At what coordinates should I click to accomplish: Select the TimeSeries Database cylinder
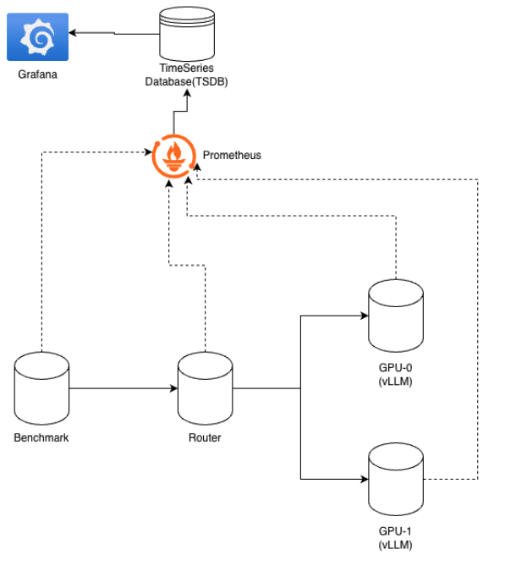coord(186,31)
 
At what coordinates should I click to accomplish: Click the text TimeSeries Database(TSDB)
coord(185,75)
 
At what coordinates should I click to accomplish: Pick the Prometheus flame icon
coord(174,156)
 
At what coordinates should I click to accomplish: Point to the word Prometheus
coord(232,156)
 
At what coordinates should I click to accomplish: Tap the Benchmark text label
coord(41,437)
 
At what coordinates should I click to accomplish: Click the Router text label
coord(205,437)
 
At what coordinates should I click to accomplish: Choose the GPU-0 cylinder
coord(396,318)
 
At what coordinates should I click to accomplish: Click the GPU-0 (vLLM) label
coord(396,375)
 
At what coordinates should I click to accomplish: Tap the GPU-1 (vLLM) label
coord(396,537)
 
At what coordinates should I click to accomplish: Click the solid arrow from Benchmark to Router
coord(123,389)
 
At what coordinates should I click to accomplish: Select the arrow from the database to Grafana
coord(114,34)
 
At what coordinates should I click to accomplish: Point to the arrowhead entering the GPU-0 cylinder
coord(365,317)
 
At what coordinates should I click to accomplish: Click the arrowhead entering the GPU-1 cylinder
coord(365,479)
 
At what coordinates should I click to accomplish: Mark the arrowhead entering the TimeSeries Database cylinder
coord(186,96)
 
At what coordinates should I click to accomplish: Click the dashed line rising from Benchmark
coord(41,254)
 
